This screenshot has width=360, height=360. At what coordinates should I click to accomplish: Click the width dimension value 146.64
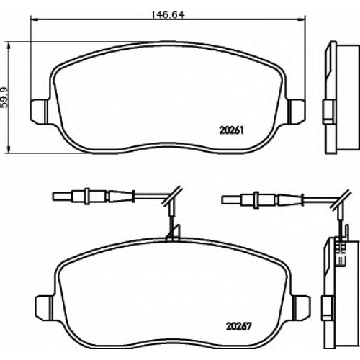(168, 14)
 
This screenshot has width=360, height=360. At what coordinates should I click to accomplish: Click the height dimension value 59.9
(4, 97)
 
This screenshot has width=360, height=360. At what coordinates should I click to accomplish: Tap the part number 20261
(231, 130)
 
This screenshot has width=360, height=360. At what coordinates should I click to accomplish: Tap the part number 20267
(238, 326)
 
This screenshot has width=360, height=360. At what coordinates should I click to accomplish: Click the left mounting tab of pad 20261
(38, 112)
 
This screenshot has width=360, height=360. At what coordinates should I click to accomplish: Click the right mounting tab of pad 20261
(297, 112)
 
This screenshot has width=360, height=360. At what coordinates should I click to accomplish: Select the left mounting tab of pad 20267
(44, 308)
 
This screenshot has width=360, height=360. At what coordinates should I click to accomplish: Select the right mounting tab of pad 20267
(302, 308)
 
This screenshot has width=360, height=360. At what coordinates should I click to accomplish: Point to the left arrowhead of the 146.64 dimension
(35, 19)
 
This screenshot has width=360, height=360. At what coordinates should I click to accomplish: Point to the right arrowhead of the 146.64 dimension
(302, 19)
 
